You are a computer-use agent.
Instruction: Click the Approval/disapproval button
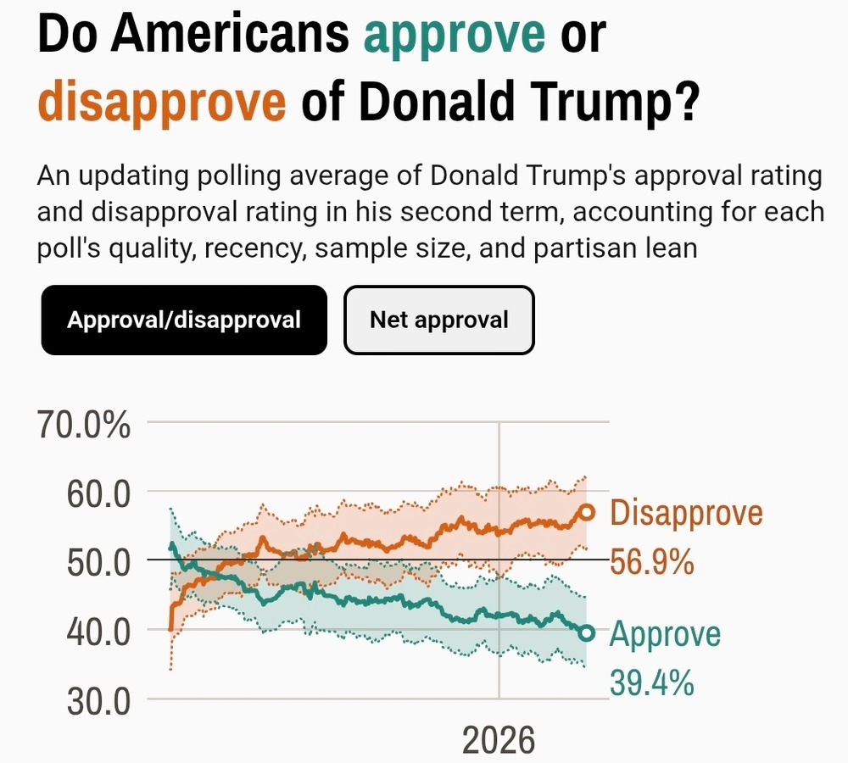183,320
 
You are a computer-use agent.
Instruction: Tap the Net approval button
438,320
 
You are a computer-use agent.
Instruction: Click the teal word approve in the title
455,35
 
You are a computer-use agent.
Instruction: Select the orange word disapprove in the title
162,103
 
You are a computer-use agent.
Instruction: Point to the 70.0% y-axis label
85,425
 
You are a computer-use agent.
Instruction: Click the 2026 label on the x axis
499,740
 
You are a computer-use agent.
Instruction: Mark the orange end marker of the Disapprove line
586,512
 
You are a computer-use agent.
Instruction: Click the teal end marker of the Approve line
586,632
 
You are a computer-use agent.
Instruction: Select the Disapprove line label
686,514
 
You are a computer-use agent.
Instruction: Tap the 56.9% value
652,562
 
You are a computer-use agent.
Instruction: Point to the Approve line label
665,634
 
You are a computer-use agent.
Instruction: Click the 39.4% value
652,682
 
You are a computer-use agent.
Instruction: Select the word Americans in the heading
231,35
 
